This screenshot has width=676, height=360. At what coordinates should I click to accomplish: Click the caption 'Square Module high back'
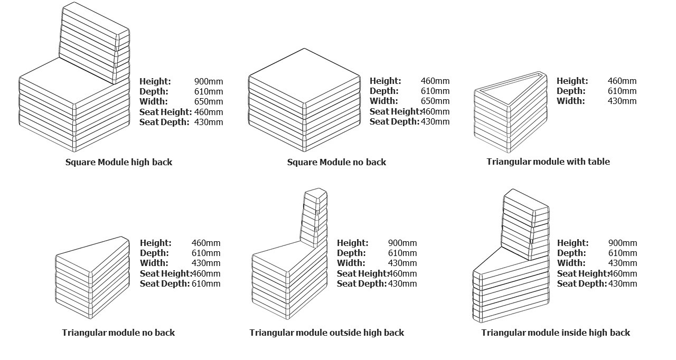119,162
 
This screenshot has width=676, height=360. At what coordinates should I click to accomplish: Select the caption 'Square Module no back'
336,162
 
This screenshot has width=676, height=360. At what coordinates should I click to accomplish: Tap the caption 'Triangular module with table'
548,162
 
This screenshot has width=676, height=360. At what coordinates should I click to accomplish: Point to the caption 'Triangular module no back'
118,333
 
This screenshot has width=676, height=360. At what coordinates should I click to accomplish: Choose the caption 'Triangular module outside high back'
326,333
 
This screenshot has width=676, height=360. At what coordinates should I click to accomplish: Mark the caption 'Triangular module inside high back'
556,333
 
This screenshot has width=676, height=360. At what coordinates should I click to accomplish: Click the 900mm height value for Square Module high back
209,81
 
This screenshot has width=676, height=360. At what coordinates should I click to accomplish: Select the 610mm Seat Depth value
206,283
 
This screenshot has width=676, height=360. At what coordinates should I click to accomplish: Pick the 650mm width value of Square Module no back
435,101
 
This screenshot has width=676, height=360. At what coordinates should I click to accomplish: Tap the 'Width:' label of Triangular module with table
570,101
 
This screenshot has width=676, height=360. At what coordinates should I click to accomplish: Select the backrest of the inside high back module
525,224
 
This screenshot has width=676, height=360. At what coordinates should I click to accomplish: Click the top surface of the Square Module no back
304,77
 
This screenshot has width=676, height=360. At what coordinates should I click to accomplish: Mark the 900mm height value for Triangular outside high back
402,243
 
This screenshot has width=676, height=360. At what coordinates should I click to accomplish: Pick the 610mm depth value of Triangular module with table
622,91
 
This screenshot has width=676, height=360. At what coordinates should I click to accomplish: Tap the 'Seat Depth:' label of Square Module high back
164,122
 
